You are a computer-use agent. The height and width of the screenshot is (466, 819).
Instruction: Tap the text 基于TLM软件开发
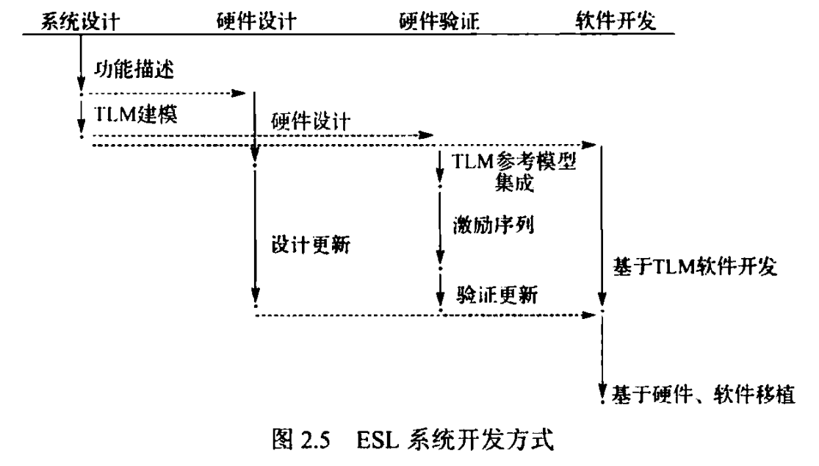pyautogui.click(x=693, y=268)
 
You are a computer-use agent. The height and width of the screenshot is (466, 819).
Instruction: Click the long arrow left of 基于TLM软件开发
pyautogui.click(x=602, y=228)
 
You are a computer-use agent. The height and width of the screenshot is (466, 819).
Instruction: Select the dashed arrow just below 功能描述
pyautogui.click(x=165, y=94)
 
